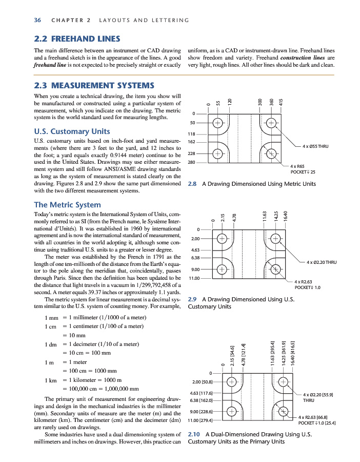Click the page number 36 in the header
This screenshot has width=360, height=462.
(37, 20)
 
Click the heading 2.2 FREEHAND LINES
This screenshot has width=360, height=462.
(77, 38)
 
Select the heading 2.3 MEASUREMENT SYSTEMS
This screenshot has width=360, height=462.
(93, 85)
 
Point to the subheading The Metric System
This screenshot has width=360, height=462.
(67, 205)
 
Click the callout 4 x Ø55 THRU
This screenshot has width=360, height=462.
(315, 146)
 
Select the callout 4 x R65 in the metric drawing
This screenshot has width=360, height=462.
(297, 166)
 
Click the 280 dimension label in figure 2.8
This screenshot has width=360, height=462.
(192, 163)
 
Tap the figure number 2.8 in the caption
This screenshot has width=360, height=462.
(193, 184)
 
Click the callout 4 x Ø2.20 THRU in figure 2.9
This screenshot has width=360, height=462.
(322, 262)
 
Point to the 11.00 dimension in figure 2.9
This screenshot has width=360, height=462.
(194, 278)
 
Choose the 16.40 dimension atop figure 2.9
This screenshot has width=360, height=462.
(286, 216)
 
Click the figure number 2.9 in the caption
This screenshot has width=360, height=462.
(193, 298)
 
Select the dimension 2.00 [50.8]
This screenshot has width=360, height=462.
(202, 382)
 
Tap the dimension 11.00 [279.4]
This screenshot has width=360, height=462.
(202, 420)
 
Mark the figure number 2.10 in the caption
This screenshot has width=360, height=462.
(195, 434)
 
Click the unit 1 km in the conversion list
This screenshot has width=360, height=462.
(51, 380)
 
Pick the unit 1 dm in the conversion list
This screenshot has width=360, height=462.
(51, 344)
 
